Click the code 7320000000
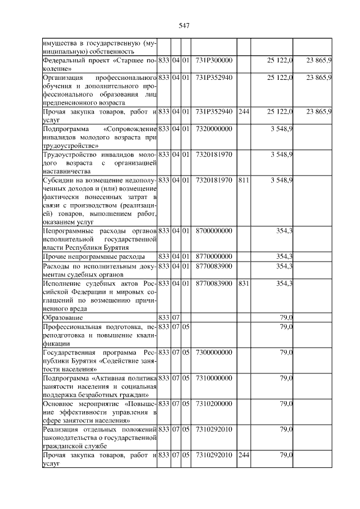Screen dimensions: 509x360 point(214,129)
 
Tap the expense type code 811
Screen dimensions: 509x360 point(243,180)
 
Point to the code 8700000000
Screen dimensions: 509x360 point(214,231)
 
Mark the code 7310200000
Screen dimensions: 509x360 point(214,404)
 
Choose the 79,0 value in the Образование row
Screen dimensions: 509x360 point(286,318)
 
